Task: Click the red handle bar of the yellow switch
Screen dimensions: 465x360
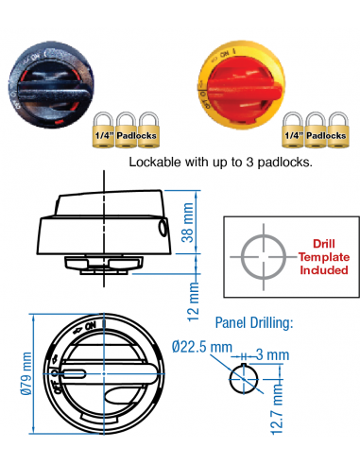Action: click(248, 90)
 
